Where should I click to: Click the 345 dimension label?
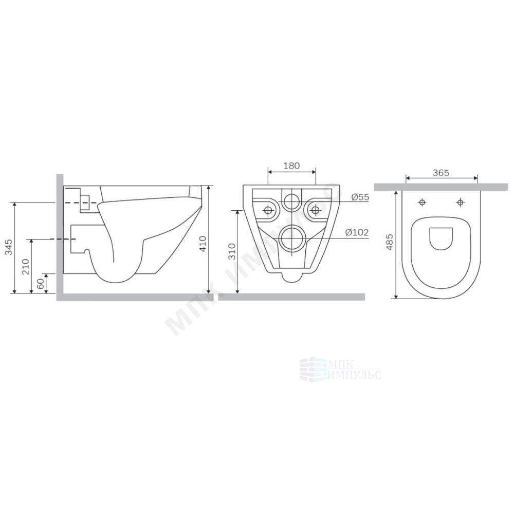click(9, 248)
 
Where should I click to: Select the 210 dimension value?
click(26, 266)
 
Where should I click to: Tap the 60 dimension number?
click(41, 284)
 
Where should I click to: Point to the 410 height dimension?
click(203, 244)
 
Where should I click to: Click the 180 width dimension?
click(291, 166)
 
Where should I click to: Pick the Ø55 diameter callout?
click(360, 197)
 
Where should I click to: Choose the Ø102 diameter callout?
click(357, 232)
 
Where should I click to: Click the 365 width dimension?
click(441, 173)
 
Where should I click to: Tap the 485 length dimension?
click(390, 242)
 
